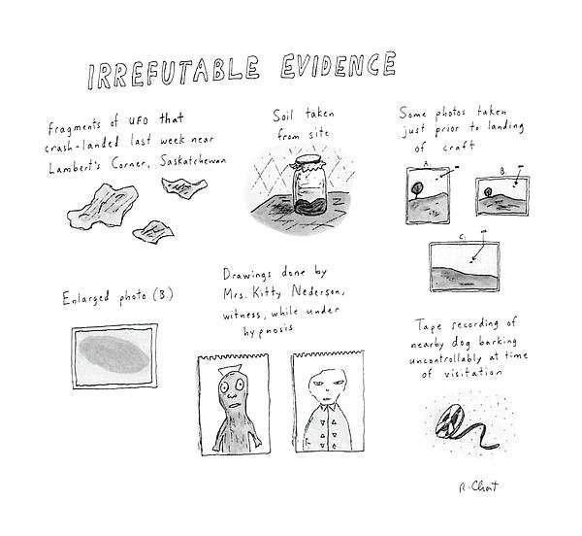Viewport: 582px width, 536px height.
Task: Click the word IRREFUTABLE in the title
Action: tap(174, 73)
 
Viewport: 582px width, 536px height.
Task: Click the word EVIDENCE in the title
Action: tap(339, 65)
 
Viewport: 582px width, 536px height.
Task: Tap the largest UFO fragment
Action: tap(103, 206)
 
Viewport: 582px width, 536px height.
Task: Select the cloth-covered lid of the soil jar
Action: tap(309, 163)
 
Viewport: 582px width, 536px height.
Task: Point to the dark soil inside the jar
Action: tap(310, 207)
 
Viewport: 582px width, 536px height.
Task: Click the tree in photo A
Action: tap(416, 188)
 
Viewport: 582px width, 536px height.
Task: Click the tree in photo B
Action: tap(488, 192)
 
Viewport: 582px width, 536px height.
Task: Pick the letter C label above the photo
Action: tap(462, 237)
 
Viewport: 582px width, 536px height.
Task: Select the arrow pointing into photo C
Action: tap(478, 247)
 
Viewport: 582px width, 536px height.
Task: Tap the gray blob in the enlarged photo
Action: tap(114, 354)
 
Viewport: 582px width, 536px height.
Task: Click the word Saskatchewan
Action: tap(193, 161)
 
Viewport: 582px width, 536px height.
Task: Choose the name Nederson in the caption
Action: tap(317, 291)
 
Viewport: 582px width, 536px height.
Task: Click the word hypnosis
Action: tap(268, 330)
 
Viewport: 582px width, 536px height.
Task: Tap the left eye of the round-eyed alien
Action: tap(225, 387)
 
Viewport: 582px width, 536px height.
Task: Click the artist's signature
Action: tap(478, 486)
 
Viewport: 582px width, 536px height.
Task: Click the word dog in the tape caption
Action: tap(461, 343)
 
